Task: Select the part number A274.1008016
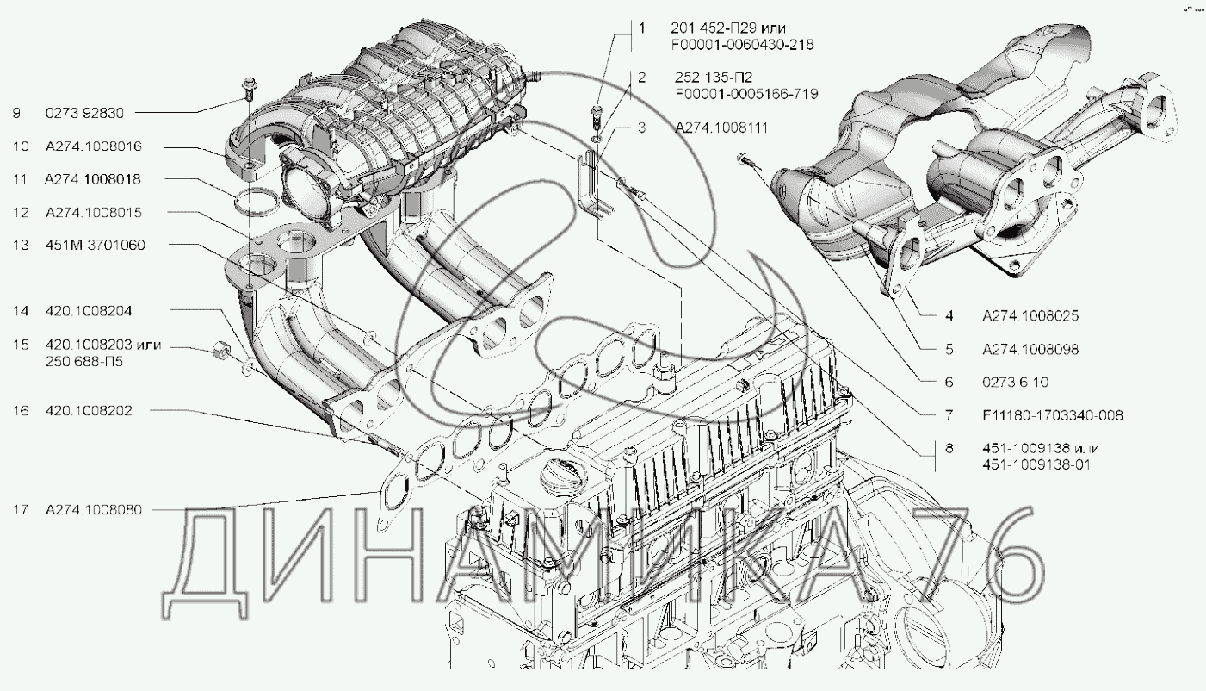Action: click(93, 146)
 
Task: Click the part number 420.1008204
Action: click(88, 310)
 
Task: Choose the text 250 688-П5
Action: click(83, 362)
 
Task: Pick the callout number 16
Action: click(21, 411)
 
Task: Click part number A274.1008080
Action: click(93, 510)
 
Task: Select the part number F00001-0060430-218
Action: click(741, 44)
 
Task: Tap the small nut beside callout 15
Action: click(220, 352)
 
